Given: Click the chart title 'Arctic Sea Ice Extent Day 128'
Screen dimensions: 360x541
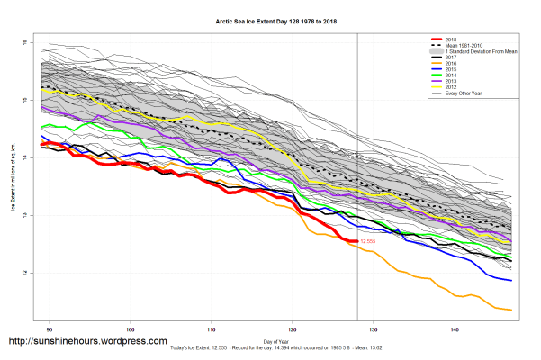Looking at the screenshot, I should (269, 19).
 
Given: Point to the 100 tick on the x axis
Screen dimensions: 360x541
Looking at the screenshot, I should (131, 328).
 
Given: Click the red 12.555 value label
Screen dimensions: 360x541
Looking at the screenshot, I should (367, 242).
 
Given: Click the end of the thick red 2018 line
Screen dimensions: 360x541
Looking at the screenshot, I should (357, 241).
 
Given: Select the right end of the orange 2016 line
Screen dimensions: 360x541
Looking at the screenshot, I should (512, 310).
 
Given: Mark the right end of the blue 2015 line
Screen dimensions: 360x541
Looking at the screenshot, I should (512, 281).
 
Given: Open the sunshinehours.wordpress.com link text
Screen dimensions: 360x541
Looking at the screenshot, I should (87, 342).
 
